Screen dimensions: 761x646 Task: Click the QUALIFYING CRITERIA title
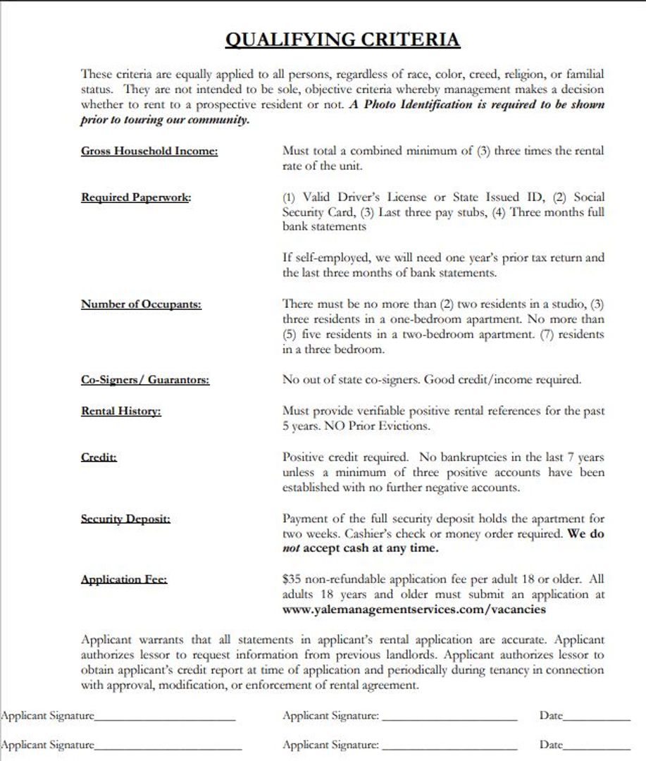click(x=342, y=39)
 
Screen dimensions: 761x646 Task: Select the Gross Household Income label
click(x=149, y=151)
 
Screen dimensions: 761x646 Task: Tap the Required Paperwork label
click(x=136, y=197)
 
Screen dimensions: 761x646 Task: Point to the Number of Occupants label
click(x=141, y=304)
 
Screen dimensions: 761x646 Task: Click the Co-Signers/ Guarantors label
click(x=145, y=380)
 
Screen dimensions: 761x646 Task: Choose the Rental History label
click(x=121, y=411)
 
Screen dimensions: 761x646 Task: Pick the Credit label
click(x=99, y=457)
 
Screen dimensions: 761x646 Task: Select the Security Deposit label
click(x=125, y=519)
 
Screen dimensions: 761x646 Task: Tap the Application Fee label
click(x=124, y=580)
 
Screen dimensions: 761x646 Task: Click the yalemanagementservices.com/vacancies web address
click(x=414, y=610)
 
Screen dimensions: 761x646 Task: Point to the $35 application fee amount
click(x=292, y=579)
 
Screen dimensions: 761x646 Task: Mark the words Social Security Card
click(x=315, y=212)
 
